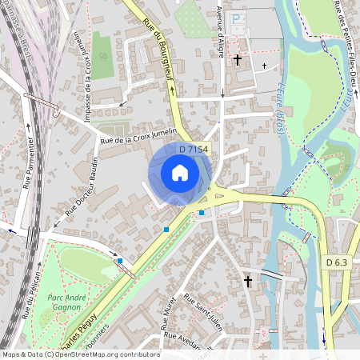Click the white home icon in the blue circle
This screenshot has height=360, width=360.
pyautogui.click(x=180, y=172)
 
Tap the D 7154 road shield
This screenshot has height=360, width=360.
pyautogui.click(x=194, y=150)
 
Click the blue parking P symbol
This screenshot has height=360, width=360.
pyautogui.click(x=237, y=18)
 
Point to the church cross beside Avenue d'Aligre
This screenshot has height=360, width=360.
pyautogui.click(x=237, y=59)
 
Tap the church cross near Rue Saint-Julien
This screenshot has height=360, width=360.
pyautogui.click(x=248, y=282)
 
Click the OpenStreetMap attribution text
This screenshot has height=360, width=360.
pyautogui.click(x=80, y=354)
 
